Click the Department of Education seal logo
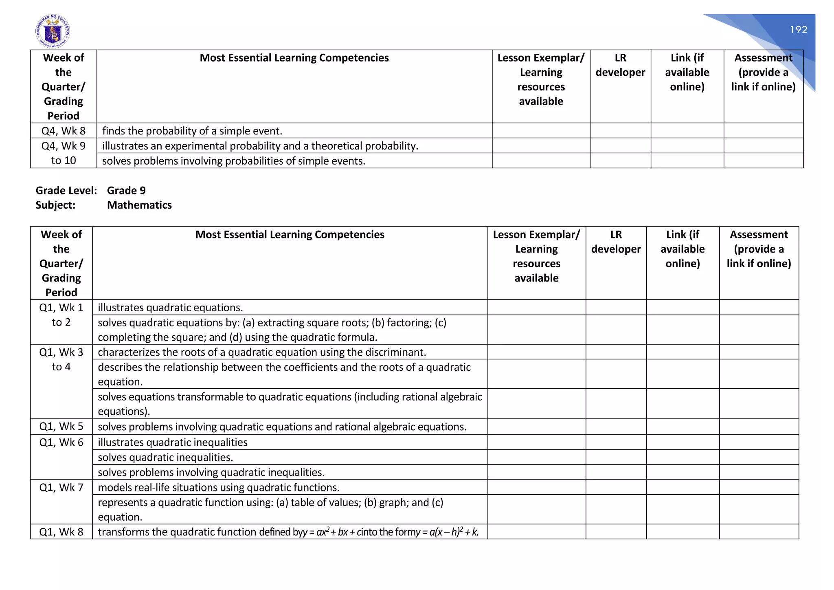[x=53, y=31]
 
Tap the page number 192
[x=798, y=29]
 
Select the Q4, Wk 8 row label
[x=64, y=131]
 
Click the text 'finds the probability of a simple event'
[x=192, y=131]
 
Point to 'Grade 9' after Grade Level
[x=126, y=190]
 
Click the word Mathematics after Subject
[x=139, y=205]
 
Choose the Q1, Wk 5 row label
[x=61, y=426]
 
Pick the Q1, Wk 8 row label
[x=61, y=532]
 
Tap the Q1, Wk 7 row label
[x=61, y=487]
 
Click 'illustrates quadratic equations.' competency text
[x=170, y=307]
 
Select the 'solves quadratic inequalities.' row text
[x=165, y=457]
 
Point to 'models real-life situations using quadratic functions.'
[x=219, y=487]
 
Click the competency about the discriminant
[x=262, y=352]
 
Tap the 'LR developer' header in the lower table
[x=616, y=242]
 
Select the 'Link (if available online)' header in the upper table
[x=687, y=72]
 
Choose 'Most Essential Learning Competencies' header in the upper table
[x=294, y=58]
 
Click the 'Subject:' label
[x=55, y=205]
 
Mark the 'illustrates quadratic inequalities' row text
[x=173, y=442]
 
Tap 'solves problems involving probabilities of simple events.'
[x=234, y=161]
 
